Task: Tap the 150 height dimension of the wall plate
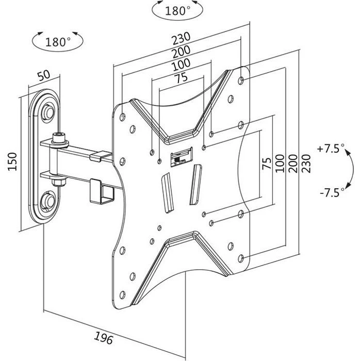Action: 12,161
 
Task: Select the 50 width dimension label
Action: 44,75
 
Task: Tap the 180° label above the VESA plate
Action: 177,11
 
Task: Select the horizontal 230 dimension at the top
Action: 182,38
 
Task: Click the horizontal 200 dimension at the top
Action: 182,52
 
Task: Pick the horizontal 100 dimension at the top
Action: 182,64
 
